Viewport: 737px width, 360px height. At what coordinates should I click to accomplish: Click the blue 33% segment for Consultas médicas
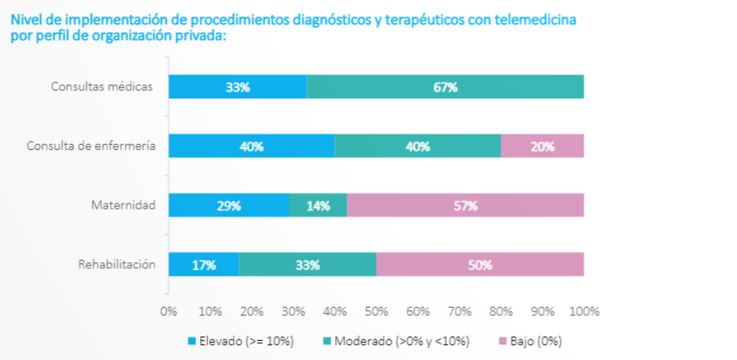[237, 87]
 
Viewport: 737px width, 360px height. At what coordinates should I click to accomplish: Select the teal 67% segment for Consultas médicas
[445, 87]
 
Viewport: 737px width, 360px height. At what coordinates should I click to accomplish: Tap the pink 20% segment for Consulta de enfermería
[542, 146]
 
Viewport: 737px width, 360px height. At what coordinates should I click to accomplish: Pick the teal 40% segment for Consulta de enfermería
[417, 146]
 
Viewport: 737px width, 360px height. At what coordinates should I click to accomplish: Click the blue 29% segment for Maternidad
[229, 206]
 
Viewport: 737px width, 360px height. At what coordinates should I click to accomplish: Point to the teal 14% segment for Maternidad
[317, 206]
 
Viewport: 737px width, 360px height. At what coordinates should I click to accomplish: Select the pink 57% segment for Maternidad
[465, 206]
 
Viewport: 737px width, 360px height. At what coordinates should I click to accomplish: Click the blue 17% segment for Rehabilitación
[204, 264]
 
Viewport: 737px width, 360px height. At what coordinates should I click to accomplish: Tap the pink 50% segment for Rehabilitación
[480, 264]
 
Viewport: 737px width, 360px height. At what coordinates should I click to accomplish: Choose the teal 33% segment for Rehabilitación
[307, 264]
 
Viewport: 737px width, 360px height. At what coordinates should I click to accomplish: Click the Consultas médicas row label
[102, 87]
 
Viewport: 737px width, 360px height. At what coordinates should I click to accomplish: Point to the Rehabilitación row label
[117, 264]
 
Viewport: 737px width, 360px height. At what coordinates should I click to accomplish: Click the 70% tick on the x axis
[459, 311]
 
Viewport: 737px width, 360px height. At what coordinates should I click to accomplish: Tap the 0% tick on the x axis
[168, 311]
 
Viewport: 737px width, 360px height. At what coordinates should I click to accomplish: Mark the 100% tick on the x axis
[585, 311]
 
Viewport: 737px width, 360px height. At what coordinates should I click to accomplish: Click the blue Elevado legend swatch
[193, 341]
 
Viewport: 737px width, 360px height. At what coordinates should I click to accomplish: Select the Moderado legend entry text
[401, 341]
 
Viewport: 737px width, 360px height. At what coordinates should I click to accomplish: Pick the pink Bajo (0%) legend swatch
[503, 341]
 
